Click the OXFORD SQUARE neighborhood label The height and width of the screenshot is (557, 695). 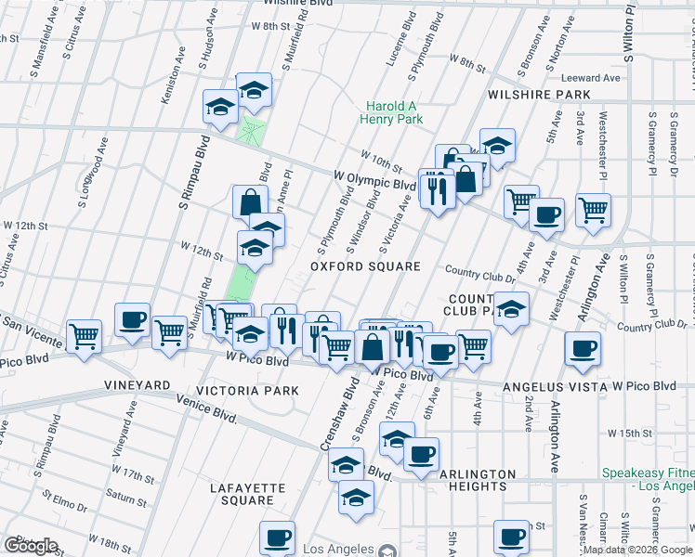pos(365,266)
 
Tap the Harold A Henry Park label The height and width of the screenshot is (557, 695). pos(395,112)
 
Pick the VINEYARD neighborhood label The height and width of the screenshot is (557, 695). pos(138,384)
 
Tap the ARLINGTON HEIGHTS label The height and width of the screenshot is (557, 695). pos(477,481)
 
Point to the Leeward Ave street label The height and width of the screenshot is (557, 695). pos(584,78)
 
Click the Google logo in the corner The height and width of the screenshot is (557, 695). pos(31,546)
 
